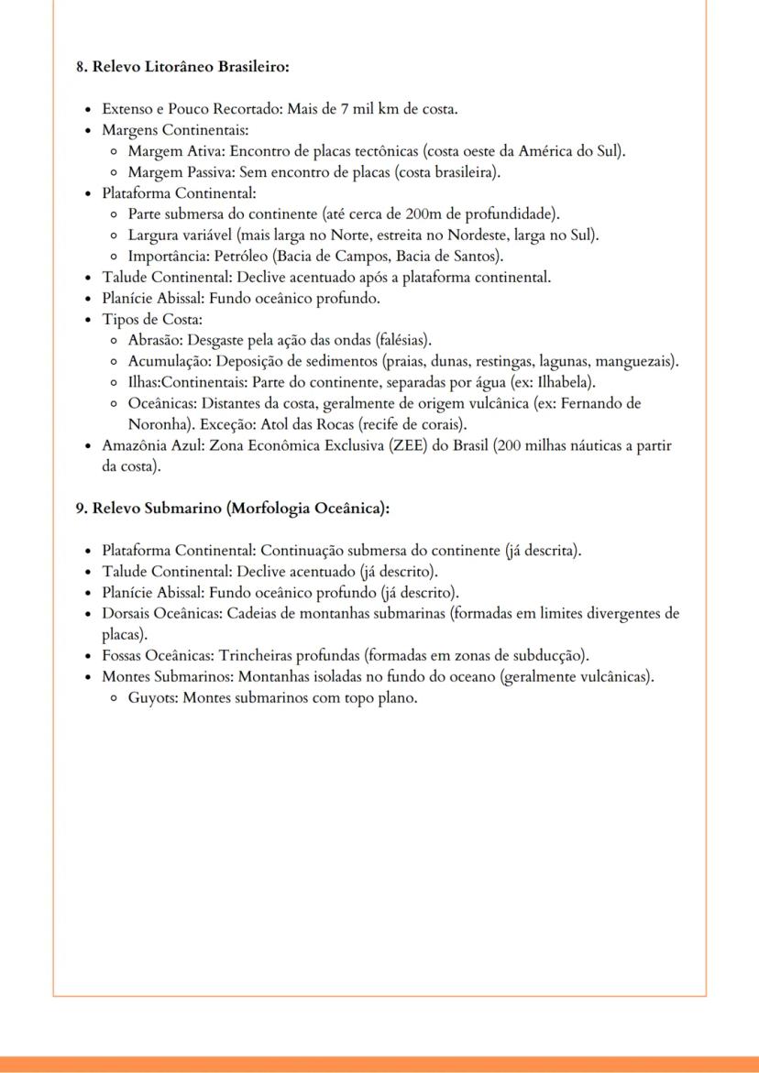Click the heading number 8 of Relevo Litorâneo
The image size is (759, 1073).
81,67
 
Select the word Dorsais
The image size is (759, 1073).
127,614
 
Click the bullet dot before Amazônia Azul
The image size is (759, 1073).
88,446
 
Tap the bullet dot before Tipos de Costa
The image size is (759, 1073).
88,320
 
